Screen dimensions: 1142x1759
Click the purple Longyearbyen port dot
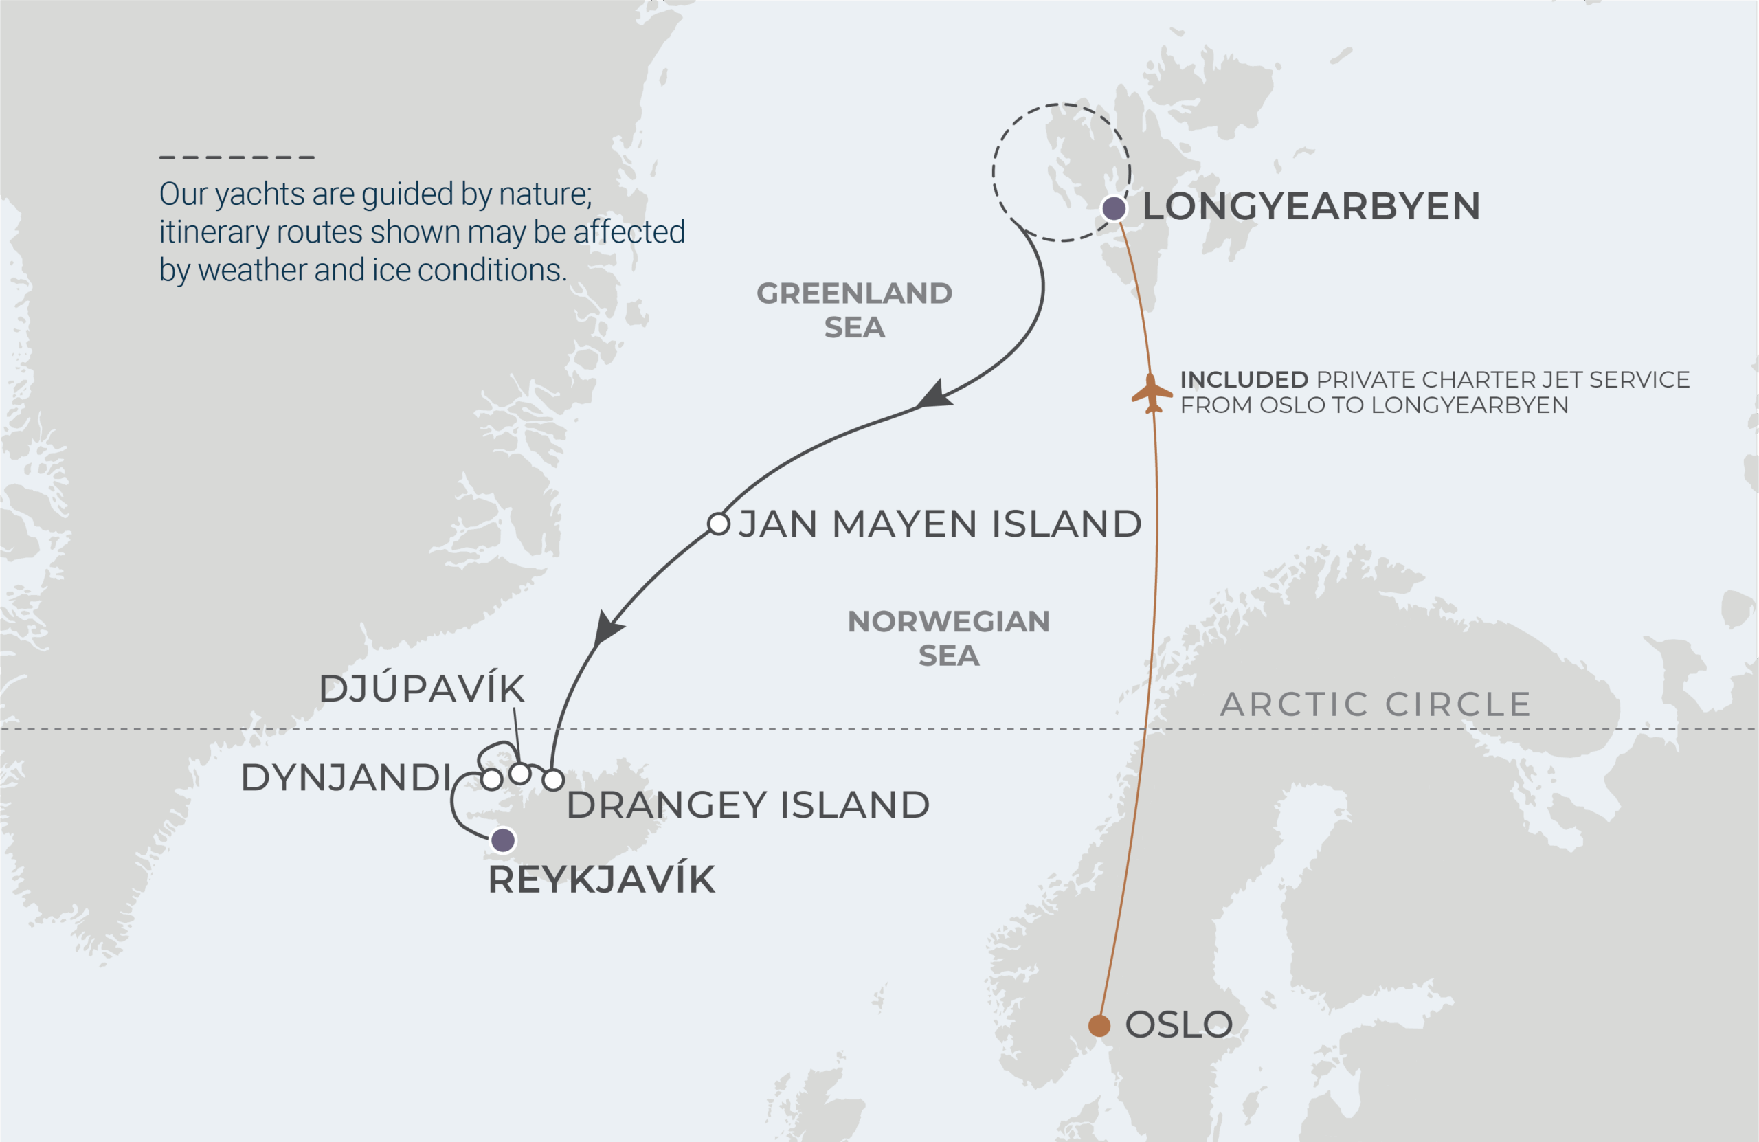[x=1114, y=208]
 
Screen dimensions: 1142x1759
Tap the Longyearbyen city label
[x=1311, y=206]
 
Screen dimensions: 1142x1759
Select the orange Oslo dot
[x=1099, y=1026]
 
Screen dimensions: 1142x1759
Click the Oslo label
[x=1179, y=1025]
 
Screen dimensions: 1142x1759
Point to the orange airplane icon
[x=1151, y=393]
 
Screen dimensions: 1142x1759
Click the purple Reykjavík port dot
[x=504, y=840]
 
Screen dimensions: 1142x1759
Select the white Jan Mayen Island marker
[x=719, y=524]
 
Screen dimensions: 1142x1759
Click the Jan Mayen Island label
[x=939, y=524]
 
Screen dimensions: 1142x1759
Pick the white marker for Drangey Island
[x=554, y=779]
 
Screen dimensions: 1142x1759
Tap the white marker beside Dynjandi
[x=491, y=779]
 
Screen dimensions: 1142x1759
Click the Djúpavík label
[x=421, y=689]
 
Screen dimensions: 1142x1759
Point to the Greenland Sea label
[x=854, y=310]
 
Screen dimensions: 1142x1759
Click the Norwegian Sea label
[x=948, y=638]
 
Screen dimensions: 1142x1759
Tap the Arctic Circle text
[x=1376, y=704]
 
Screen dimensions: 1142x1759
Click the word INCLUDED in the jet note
[x=1244, y=380]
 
